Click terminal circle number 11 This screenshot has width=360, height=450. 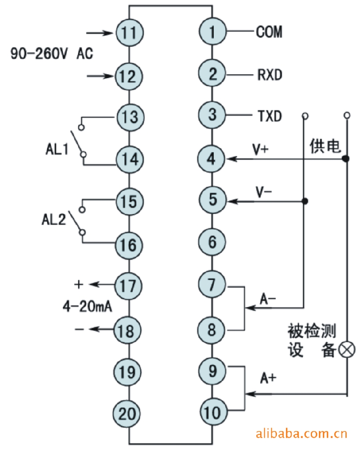[x=129, y=33]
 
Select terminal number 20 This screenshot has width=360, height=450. [x=129, y=413]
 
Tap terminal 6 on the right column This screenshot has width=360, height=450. [x=212, y=242]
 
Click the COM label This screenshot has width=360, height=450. [x=269, y=32]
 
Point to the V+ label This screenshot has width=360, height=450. [x=261, y=149]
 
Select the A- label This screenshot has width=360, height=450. [x=268, y=299]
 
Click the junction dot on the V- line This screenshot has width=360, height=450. [x=305, y=201]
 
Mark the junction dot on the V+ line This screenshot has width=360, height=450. [x=346, y=158]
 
